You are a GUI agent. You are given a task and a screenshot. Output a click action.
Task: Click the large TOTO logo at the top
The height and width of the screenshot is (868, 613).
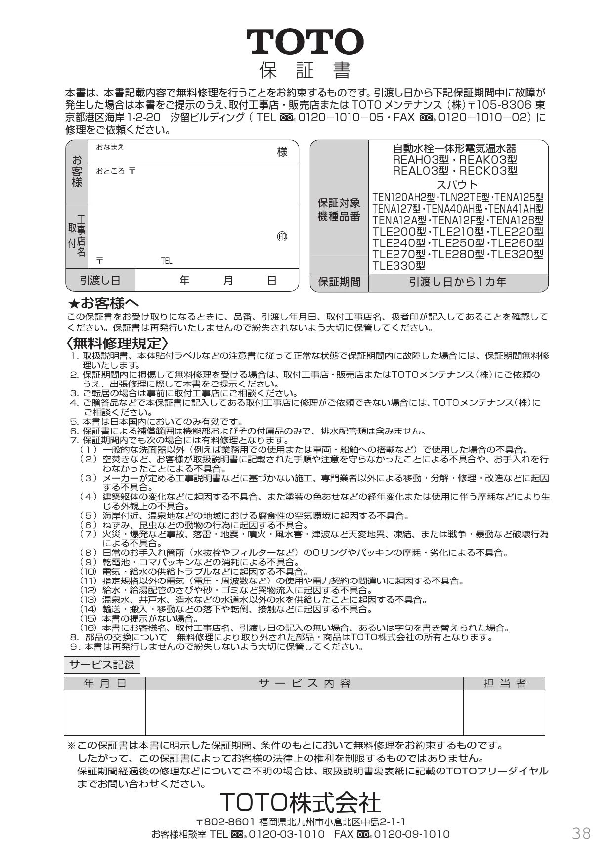click(305, 42)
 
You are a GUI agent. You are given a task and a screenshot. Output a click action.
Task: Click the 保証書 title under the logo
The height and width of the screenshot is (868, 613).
click(305, 71)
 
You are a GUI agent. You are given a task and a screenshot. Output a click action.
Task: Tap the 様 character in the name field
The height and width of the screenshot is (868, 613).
click(282, 152)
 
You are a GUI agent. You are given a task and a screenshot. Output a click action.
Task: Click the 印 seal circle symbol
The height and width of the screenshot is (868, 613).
click(282, 236)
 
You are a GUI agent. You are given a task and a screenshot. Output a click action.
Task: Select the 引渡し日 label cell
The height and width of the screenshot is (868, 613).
click(100, 281)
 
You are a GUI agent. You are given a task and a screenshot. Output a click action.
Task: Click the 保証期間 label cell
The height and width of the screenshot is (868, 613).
click(339, 282)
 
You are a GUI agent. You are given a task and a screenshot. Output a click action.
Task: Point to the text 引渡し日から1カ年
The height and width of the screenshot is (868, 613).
click(458, 282)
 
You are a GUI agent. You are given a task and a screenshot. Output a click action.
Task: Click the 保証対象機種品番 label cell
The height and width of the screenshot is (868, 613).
click(339, 210)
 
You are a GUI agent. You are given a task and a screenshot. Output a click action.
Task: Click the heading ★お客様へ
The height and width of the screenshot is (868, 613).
click(103, 303)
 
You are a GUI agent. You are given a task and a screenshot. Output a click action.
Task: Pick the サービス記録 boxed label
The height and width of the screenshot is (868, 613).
click(102, 665)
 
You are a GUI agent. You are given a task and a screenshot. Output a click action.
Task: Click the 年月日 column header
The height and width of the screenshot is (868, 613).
click(105, 683)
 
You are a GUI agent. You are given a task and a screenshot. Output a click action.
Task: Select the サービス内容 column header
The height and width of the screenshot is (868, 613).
click(305, 683)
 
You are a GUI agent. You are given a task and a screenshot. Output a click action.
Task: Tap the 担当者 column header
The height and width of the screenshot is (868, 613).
click(504, 683)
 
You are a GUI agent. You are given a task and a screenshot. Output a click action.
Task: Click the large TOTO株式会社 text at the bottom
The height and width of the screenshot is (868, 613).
click(300, 802)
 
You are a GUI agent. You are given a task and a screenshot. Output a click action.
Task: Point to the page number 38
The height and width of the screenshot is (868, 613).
click(581, 834)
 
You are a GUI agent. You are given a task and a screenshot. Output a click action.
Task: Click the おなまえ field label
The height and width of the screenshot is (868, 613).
click(110, 147)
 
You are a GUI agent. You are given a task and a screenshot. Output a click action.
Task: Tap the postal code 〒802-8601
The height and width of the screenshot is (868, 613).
click(225, 822)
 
